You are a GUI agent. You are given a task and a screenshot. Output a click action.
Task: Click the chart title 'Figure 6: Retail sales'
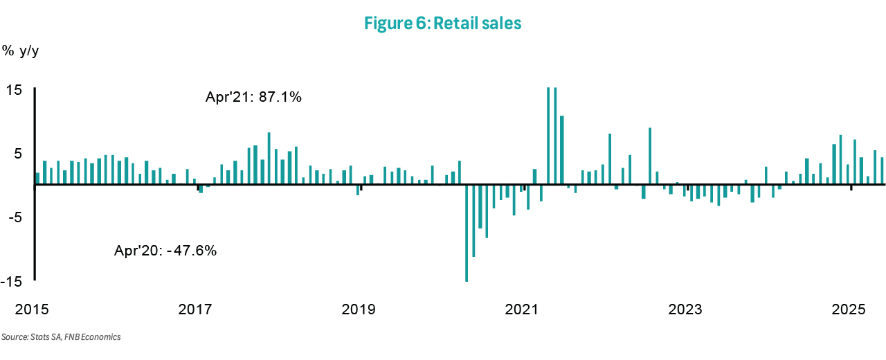pyautogui.click(x=442, y=23)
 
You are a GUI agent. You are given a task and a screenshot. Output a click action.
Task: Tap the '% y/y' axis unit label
pyautogui.click(x=21, y=51)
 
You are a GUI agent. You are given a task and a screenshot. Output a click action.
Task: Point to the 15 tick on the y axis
pyautogui.click(x=15, y=90)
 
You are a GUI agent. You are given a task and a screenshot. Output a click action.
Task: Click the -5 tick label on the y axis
pyautogui.click(x=15, y=217)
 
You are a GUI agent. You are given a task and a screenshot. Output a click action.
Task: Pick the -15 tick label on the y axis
pyautogui.click(x=12, y=282)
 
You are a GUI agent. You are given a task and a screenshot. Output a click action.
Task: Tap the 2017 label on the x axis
pyautogui.click(x=196, y=309)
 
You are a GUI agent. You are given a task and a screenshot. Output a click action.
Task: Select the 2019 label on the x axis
pyautogui.click(x=359, y=309)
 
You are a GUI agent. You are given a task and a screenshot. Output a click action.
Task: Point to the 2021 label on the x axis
pyautogui.click(x=523, y=309)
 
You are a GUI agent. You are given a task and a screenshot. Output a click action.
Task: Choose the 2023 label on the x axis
pyautogui.click(x=687, y=309)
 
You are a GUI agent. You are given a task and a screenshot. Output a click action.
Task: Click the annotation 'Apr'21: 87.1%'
pyautogui.click(x=253, y=98)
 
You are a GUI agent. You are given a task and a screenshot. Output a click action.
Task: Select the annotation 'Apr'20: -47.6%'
pyautogui.click(x=165, y=251)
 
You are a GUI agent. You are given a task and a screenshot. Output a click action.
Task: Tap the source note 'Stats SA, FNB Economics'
pyautogui.click(x=61, y=337)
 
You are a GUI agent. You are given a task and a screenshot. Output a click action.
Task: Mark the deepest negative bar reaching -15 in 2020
pyautogui.click(x=467, y=233)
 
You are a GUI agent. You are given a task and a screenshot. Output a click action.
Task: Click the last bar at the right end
pyautogui.click(x=882, y=171)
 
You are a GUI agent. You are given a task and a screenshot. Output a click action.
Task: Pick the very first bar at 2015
pyautogui.click(x=37, y=179)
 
